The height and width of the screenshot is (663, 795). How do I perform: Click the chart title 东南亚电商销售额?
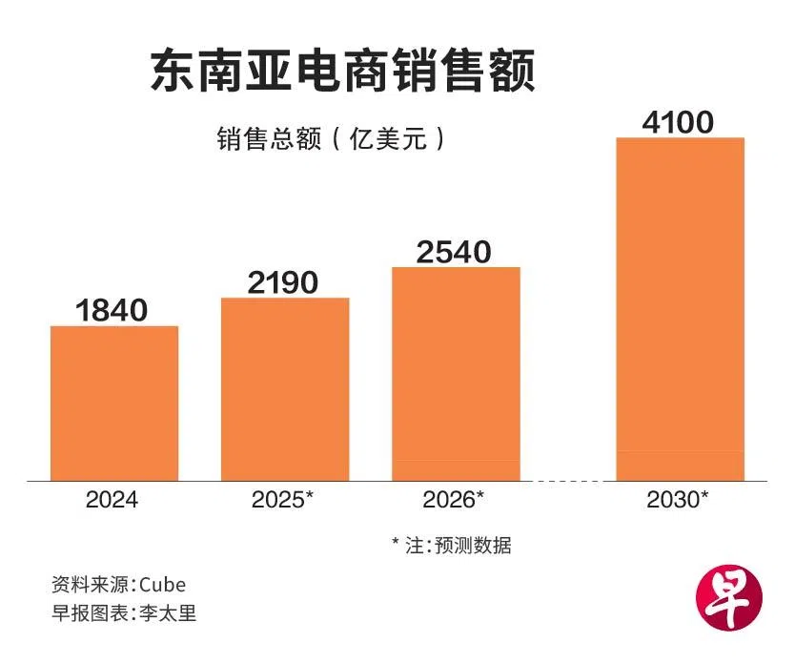click(342, 72)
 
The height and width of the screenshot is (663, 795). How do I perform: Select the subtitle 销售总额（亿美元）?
click(330, 139)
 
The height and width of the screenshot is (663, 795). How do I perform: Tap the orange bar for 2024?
click(114, 403)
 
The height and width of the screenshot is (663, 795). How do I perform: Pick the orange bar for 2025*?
click(285, 388)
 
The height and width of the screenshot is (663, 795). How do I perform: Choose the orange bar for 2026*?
click(456, 373)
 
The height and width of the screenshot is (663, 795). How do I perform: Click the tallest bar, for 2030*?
click(679, 308)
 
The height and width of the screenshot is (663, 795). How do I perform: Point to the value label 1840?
click(112, 311)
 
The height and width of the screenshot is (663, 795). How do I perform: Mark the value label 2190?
click(283, 282)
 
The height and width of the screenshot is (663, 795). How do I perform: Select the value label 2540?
click(454, 252)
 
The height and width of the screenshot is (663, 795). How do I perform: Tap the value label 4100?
click(678, 123)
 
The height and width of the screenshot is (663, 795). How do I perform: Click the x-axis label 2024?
click(112, 500)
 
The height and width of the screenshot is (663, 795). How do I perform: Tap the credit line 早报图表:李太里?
click(124, 613)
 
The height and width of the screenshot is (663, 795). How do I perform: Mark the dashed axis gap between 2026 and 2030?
click(568, 481)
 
